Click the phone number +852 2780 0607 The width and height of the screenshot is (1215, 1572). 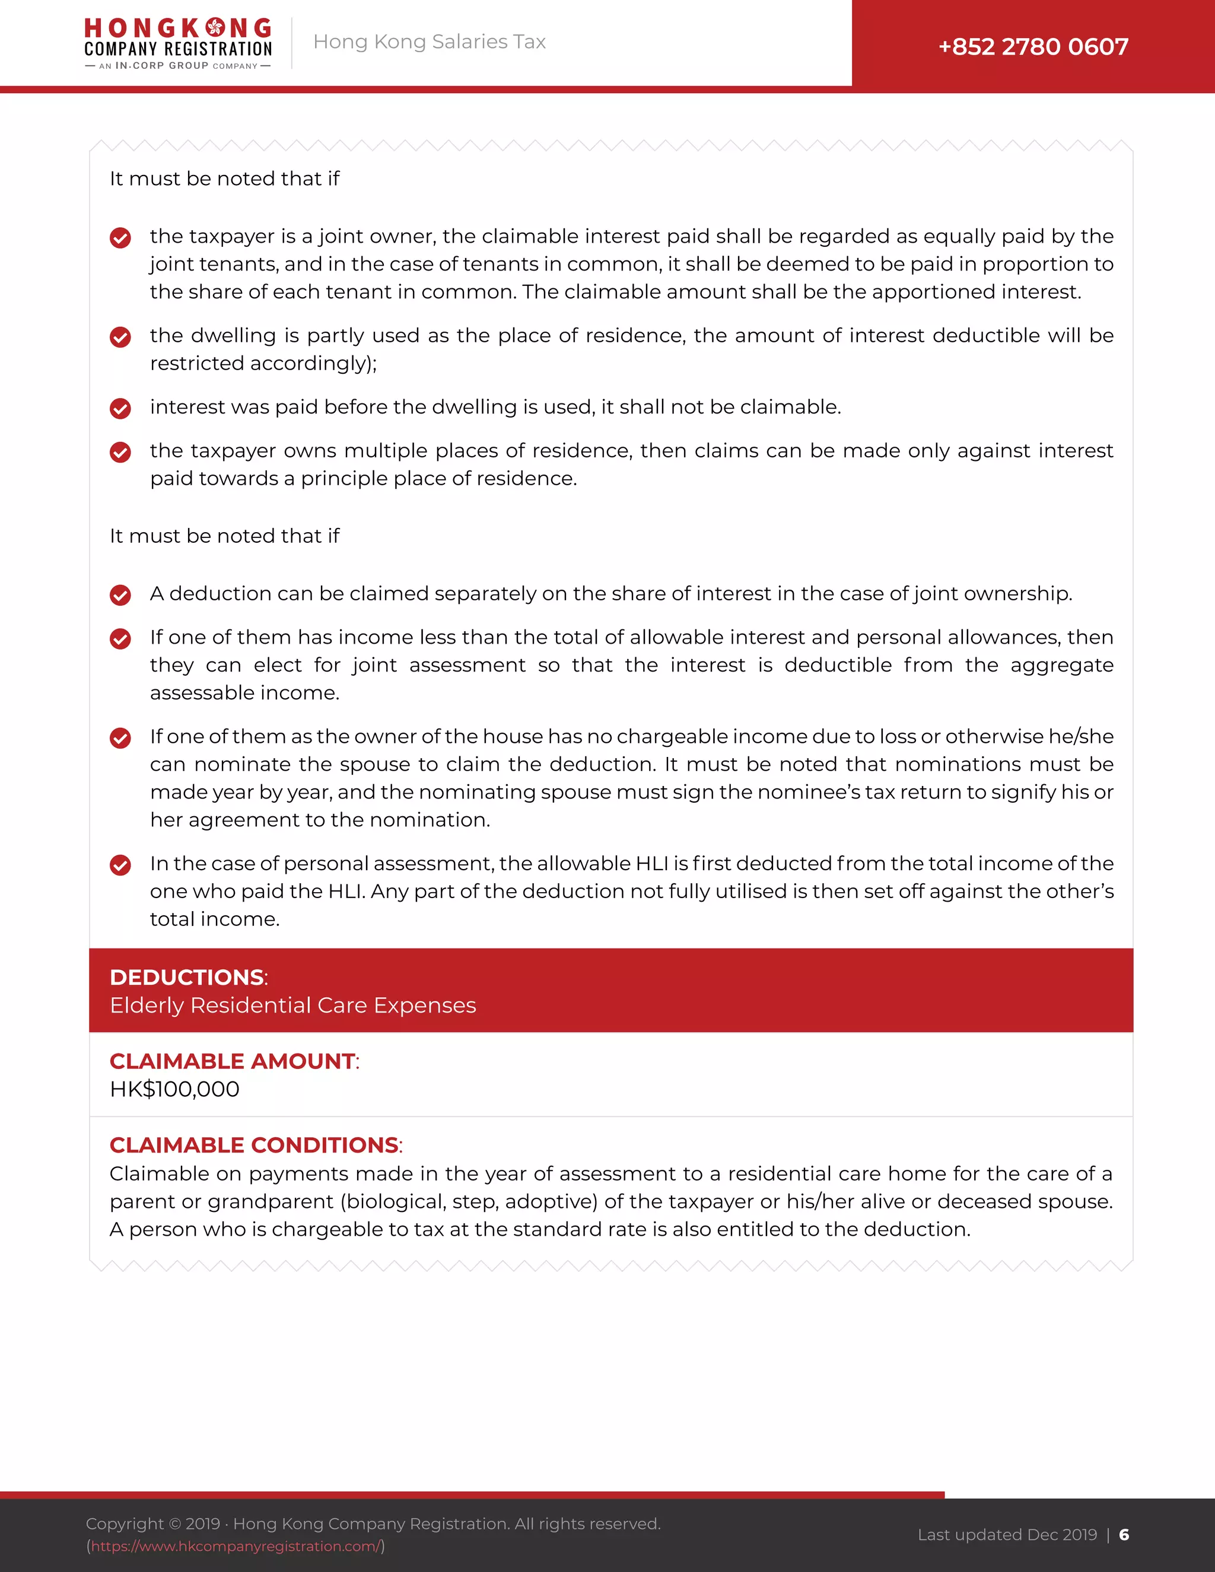(x=1033, y=47)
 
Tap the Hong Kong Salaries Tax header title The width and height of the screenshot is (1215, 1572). (x=429, y=42)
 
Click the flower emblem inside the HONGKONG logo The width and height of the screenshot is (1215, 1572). (x=215, y=28)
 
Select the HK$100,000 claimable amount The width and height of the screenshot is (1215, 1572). (x=174, y=1089)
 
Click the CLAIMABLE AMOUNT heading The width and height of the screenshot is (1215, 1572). (x=233, y=1061)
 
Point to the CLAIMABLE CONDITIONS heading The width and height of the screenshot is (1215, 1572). (x=254, y=1144)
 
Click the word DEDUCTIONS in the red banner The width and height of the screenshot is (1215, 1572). (x=186, y=977)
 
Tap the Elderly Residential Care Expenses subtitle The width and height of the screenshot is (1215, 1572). (x=292, y=1005)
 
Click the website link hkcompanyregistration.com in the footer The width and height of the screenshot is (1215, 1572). (x=236, y=1546)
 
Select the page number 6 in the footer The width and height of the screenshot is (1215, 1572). (x=1124, y=1535)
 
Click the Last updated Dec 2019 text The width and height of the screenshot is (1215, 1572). (x=1007, y=1535)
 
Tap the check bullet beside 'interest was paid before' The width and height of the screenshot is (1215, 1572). (x=120, y=408)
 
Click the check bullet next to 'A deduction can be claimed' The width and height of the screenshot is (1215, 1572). (x=120, y=594)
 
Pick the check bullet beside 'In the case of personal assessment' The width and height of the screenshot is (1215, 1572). (x=120, y=864)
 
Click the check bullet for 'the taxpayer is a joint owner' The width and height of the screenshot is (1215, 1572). (x=120, y=237)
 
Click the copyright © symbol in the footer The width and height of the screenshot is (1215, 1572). (x=175, y=1524)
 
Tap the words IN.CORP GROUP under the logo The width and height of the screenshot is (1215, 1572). (x=161, y=65)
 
